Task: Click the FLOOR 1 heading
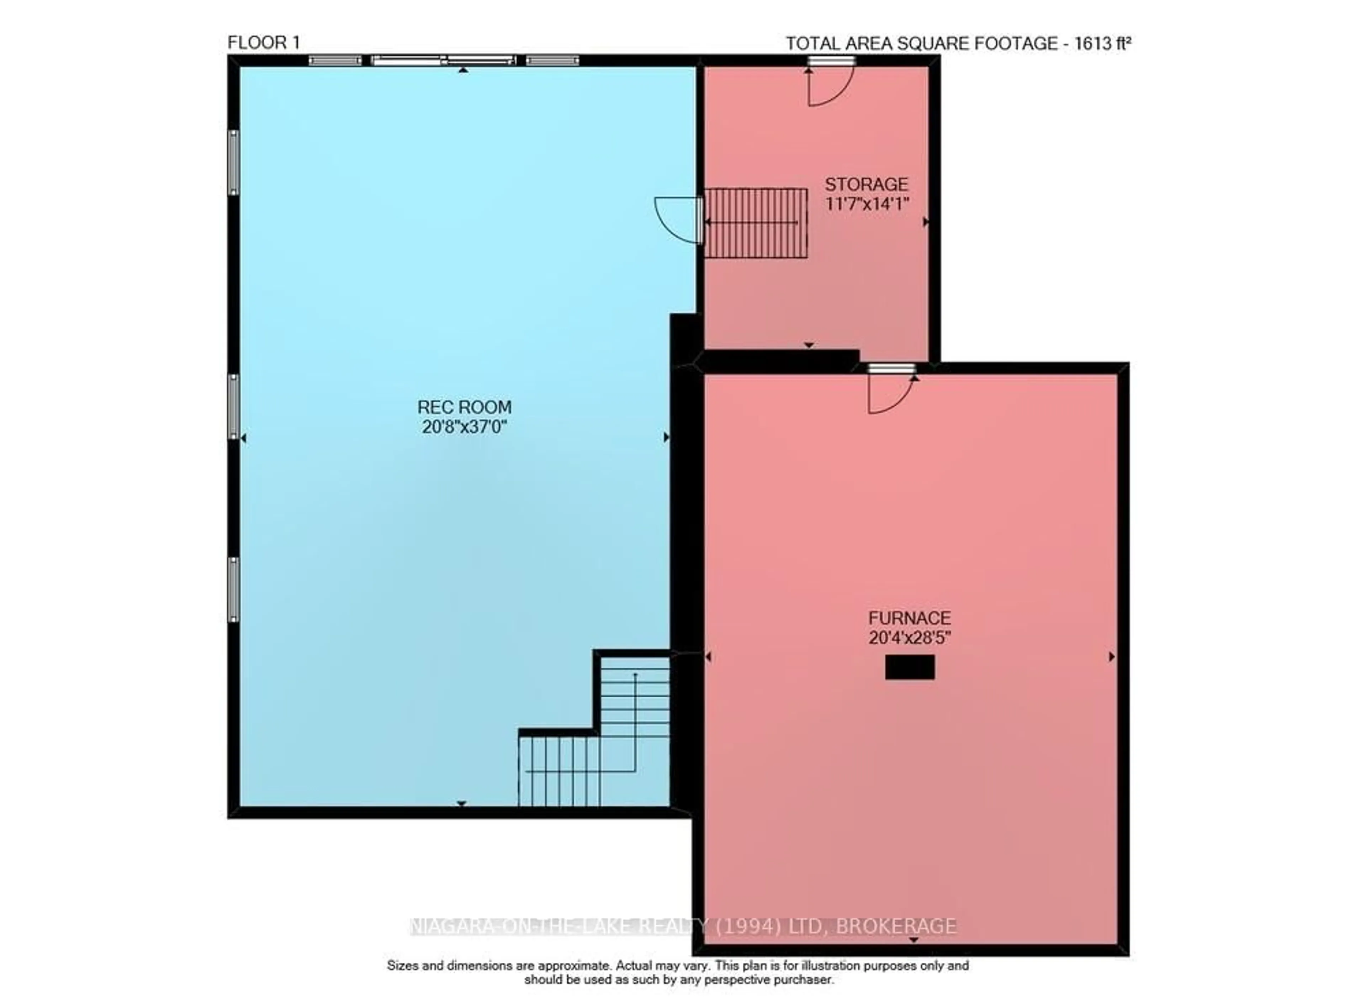[263, 43]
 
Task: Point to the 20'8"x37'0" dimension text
[464, 427]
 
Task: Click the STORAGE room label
[866, 184]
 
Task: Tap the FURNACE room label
[909, 618]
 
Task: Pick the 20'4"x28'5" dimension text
[909, 638]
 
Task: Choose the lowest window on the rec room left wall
[233, 590]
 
